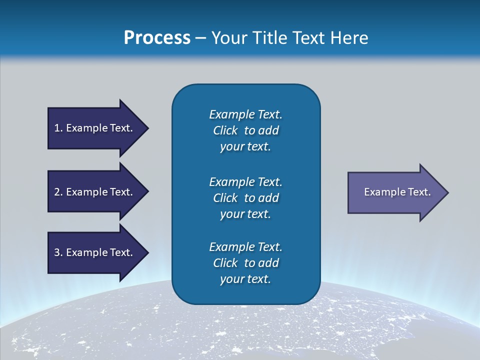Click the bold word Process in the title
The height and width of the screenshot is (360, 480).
point(157,38)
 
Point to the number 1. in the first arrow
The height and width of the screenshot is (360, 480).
point(58,128)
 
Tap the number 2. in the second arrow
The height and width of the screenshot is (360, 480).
point(58,192)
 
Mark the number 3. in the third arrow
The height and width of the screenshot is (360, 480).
point(58,252)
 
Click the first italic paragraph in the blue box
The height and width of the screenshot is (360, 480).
point(245,130)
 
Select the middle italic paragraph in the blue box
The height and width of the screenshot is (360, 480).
point(245,197)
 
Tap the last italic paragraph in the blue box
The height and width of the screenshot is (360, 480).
point(245,263)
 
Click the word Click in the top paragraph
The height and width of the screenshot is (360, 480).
point(225,130)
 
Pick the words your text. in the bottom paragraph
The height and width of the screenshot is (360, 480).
point(245,279)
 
